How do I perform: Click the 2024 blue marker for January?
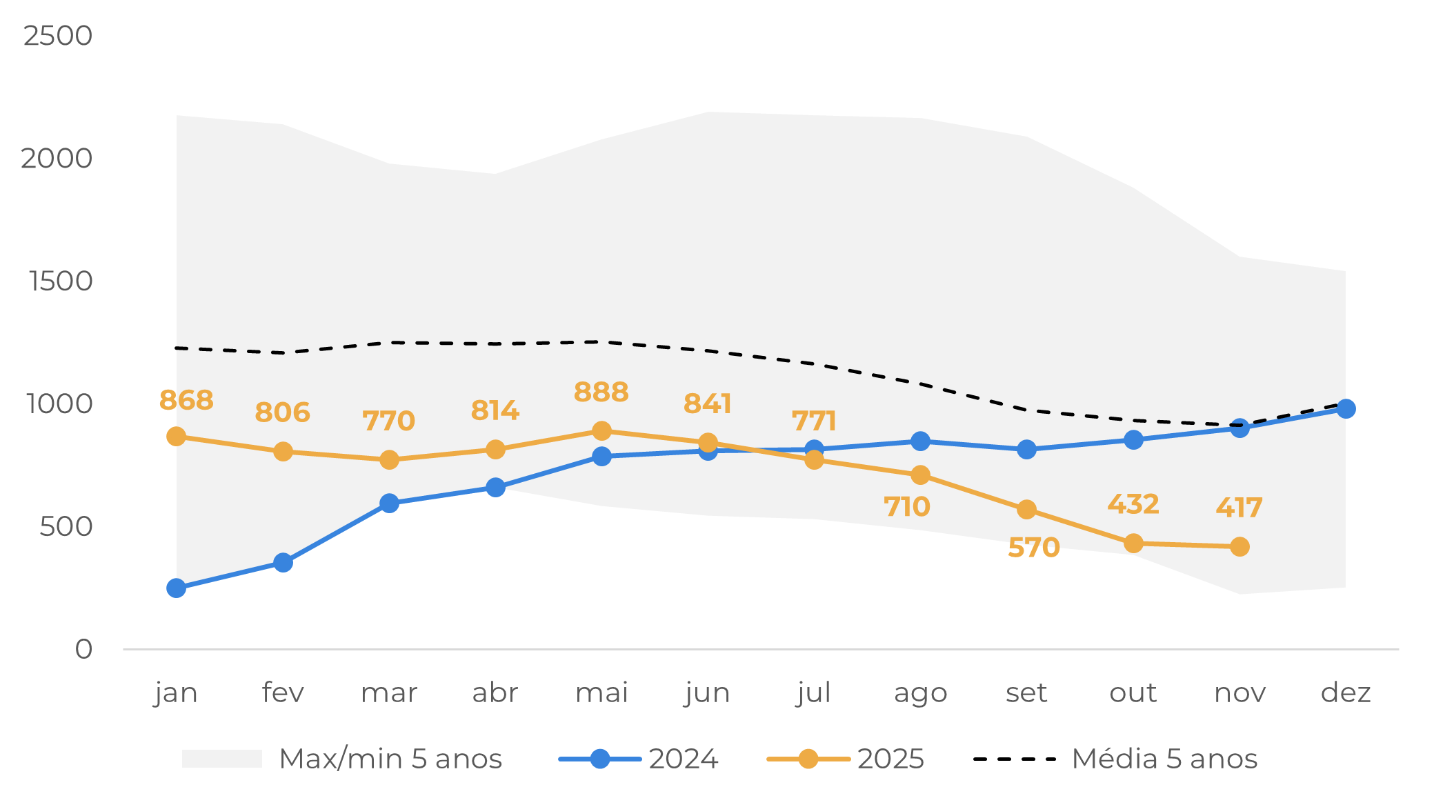(x=177, y=588)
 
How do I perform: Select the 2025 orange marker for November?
(x=1239, y=547)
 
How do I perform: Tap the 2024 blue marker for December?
(x=1346, y=409)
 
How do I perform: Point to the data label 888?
(x=601, y=392)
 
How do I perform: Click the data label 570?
(x=1033, y=548)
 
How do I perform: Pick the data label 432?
(x=1133, y=504)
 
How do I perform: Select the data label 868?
(x=186, y=400)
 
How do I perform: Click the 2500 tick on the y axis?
(x=58, y=36)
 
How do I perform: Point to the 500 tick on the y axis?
(x=66, y=527)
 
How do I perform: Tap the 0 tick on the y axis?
(x=83, y=649)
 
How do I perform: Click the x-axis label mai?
(x=601, y=693)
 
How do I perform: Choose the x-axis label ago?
(x=920, y=693)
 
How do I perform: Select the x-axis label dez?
(x=1346, y=693)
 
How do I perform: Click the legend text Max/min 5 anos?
(x=390, y=759)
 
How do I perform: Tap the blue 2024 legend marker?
(x=600, y=759)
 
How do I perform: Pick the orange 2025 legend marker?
(x=808, y=759)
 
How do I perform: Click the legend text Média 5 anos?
(x=1164, y=759)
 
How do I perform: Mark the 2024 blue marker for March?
(x=389, y=503)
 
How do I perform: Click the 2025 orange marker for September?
(x=1026, y=510)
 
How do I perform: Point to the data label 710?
(x=907, y=507)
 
